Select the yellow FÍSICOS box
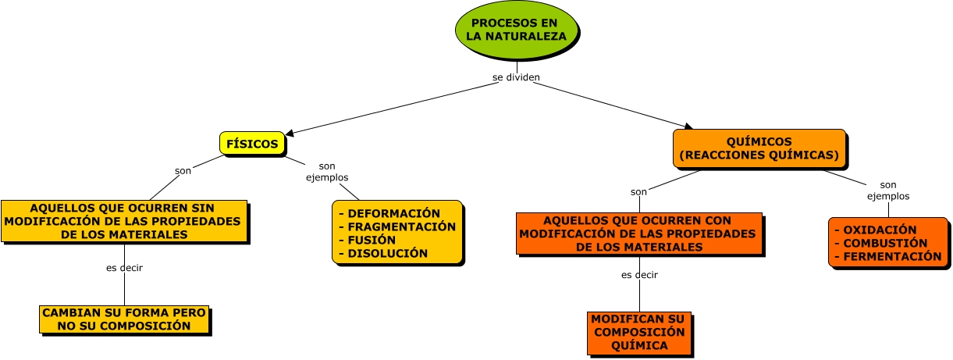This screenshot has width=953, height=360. coord(251,144)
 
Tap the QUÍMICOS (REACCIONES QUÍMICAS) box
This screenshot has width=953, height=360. coord(759,148)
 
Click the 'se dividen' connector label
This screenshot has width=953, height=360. coord(516,77)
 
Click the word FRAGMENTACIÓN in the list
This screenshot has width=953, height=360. coord(401,226)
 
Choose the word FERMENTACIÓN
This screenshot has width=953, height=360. coord(892,256)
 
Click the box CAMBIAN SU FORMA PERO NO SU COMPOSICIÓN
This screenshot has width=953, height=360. coord(125,319)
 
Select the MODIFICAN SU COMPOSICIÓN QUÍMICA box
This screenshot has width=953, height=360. coord(638,332)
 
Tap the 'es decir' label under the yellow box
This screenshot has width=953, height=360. coord(124,268)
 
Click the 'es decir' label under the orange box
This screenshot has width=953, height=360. coord(639,275)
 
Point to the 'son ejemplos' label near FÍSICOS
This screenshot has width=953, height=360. coord(326,171)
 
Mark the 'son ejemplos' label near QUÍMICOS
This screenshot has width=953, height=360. coord(888,191)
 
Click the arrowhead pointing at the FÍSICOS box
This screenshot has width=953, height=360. coord(290,134)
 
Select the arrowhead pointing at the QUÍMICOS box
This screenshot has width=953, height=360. coord(688,125)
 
